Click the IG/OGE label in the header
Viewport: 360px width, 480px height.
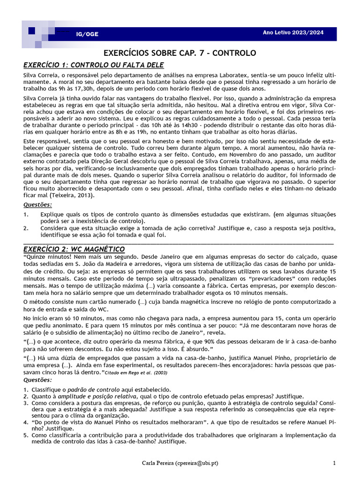click(x=87, y=34)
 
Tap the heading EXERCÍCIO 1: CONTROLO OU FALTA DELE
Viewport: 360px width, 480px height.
click(x=94, y=65)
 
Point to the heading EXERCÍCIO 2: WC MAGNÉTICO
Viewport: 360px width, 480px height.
click(x=74, y=248)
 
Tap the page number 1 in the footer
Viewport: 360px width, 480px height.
click(x=334, y=464)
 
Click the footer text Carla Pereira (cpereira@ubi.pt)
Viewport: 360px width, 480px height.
click(x=180, y=464)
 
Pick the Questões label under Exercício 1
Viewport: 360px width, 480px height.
click(x=38, y=205)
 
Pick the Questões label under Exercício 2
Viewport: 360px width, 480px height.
click(x=38, y=380)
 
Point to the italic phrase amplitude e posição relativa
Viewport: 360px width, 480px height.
click(x=91, y=396)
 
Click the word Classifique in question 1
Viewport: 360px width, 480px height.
click(x=46, y=390)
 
